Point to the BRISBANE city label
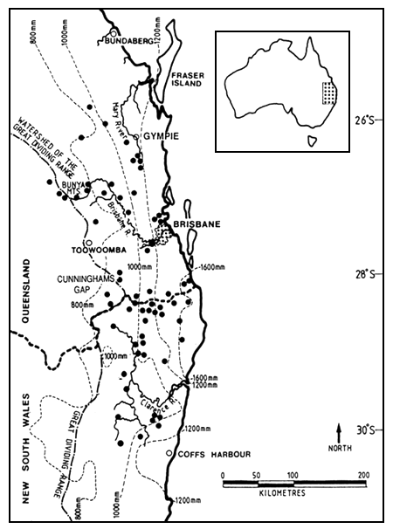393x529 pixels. (196, 224)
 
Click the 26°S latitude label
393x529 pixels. (370, 120)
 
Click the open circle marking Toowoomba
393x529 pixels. (88, 241)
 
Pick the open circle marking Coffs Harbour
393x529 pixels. (169, 454)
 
